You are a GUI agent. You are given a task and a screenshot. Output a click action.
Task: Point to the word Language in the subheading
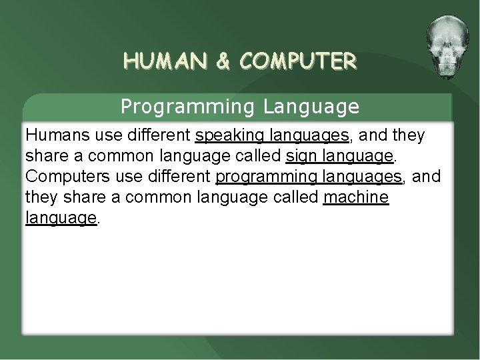[311, 106]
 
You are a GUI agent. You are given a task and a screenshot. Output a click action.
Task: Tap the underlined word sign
[299, 157]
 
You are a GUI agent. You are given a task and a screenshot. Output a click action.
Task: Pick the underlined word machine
[355, 198]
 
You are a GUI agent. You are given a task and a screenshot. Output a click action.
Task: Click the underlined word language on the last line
[61, 219]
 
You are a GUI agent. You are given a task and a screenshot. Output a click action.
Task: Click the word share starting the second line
[44, 157]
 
